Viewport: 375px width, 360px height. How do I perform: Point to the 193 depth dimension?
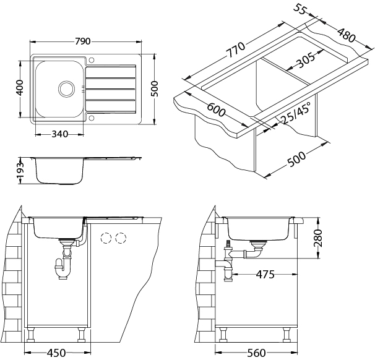[20, 169]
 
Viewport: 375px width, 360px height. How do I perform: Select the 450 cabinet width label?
[57, 353]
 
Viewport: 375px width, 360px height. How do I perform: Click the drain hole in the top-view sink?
[65, 88]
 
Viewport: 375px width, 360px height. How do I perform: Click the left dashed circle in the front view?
[106, 238]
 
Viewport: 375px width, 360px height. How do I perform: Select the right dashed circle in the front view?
[120, 238]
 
